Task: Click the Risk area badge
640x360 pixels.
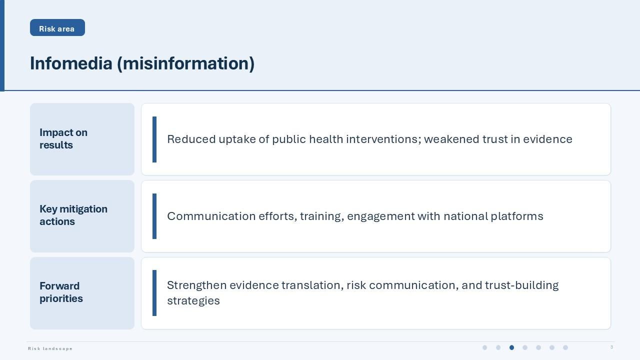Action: pyautogui.click(x=57, y=27)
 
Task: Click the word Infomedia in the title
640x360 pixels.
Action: pyautogui.click(x=71, y=63)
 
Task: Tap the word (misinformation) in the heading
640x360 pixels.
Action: pyautogui.click(x=185, y=64)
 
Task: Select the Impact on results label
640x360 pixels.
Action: pyautogui.click(x=63, y=139)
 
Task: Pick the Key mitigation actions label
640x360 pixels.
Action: pyautogui.click(x=73, y=215)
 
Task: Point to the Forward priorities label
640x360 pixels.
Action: pyautogui.click(x=61, y=292)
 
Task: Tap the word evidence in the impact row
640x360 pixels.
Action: pyautogui.click(x=547, y=139)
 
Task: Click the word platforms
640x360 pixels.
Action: pyautogui.click(x=517, y=216)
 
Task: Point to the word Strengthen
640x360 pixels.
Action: pyautogui.click(x=197, y=285)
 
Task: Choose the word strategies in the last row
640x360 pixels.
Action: pyautogui.click(x=193, y=301)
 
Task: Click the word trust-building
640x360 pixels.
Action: pyautogui.click(x=521, y=285)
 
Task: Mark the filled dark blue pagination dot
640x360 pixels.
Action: pyautogui.click(x=511, y=347)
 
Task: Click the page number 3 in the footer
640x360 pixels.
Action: pyautogui.click(x=611, y=347)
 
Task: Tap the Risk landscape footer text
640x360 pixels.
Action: pyautogui.click(x=50, y=348)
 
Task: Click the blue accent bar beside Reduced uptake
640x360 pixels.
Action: pyautogui.click(x=154, y=139)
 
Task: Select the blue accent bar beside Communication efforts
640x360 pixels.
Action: pyautogui.click(x=154, y=216)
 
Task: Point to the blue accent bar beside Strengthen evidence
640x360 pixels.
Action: pyautogui.click(x=154, y=293)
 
